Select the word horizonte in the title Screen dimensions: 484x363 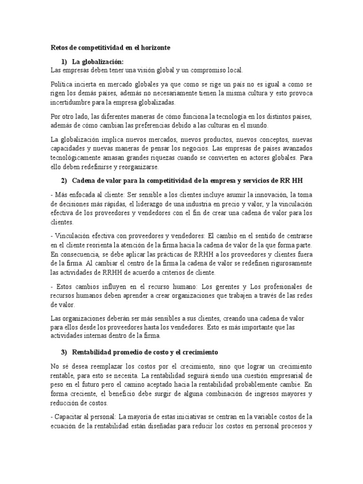pyautogui.click(x=154, y=48)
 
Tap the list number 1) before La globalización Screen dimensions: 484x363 pyautogui.click(x=65, y=62)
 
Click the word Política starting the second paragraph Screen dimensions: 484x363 pyautogui.click(x=61, y=84)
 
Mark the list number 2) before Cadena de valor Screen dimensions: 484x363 pyautogui.click(x=65, y=181)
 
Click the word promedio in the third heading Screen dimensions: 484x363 pyautogui.click(x=130, y=353)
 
